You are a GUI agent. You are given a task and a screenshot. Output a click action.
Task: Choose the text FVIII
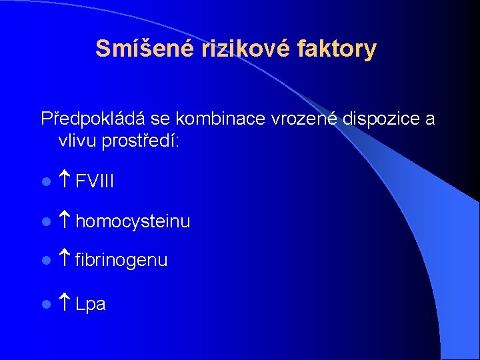(x=95, y=181)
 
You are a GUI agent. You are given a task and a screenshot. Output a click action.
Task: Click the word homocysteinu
(x=133, y=221)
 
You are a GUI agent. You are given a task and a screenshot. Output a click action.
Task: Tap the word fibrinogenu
(x=121, y=261)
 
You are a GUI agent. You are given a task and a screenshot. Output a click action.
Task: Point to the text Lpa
(x=91, y=305)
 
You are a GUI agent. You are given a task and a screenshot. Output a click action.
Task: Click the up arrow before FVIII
(x=65, y=181)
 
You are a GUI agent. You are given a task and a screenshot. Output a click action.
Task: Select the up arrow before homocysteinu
(x=65, y=220)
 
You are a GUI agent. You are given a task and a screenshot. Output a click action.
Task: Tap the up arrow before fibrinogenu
(x=65, y=259)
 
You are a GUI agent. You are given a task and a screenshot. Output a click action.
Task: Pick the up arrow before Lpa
(x=65, y=304)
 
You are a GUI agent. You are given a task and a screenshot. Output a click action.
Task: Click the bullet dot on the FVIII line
(x=45, y=182)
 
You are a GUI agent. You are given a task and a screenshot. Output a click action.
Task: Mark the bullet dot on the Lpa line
(x=45, y=305)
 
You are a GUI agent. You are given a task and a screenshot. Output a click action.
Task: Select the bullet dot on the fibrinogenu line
(x=45, y=261)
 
